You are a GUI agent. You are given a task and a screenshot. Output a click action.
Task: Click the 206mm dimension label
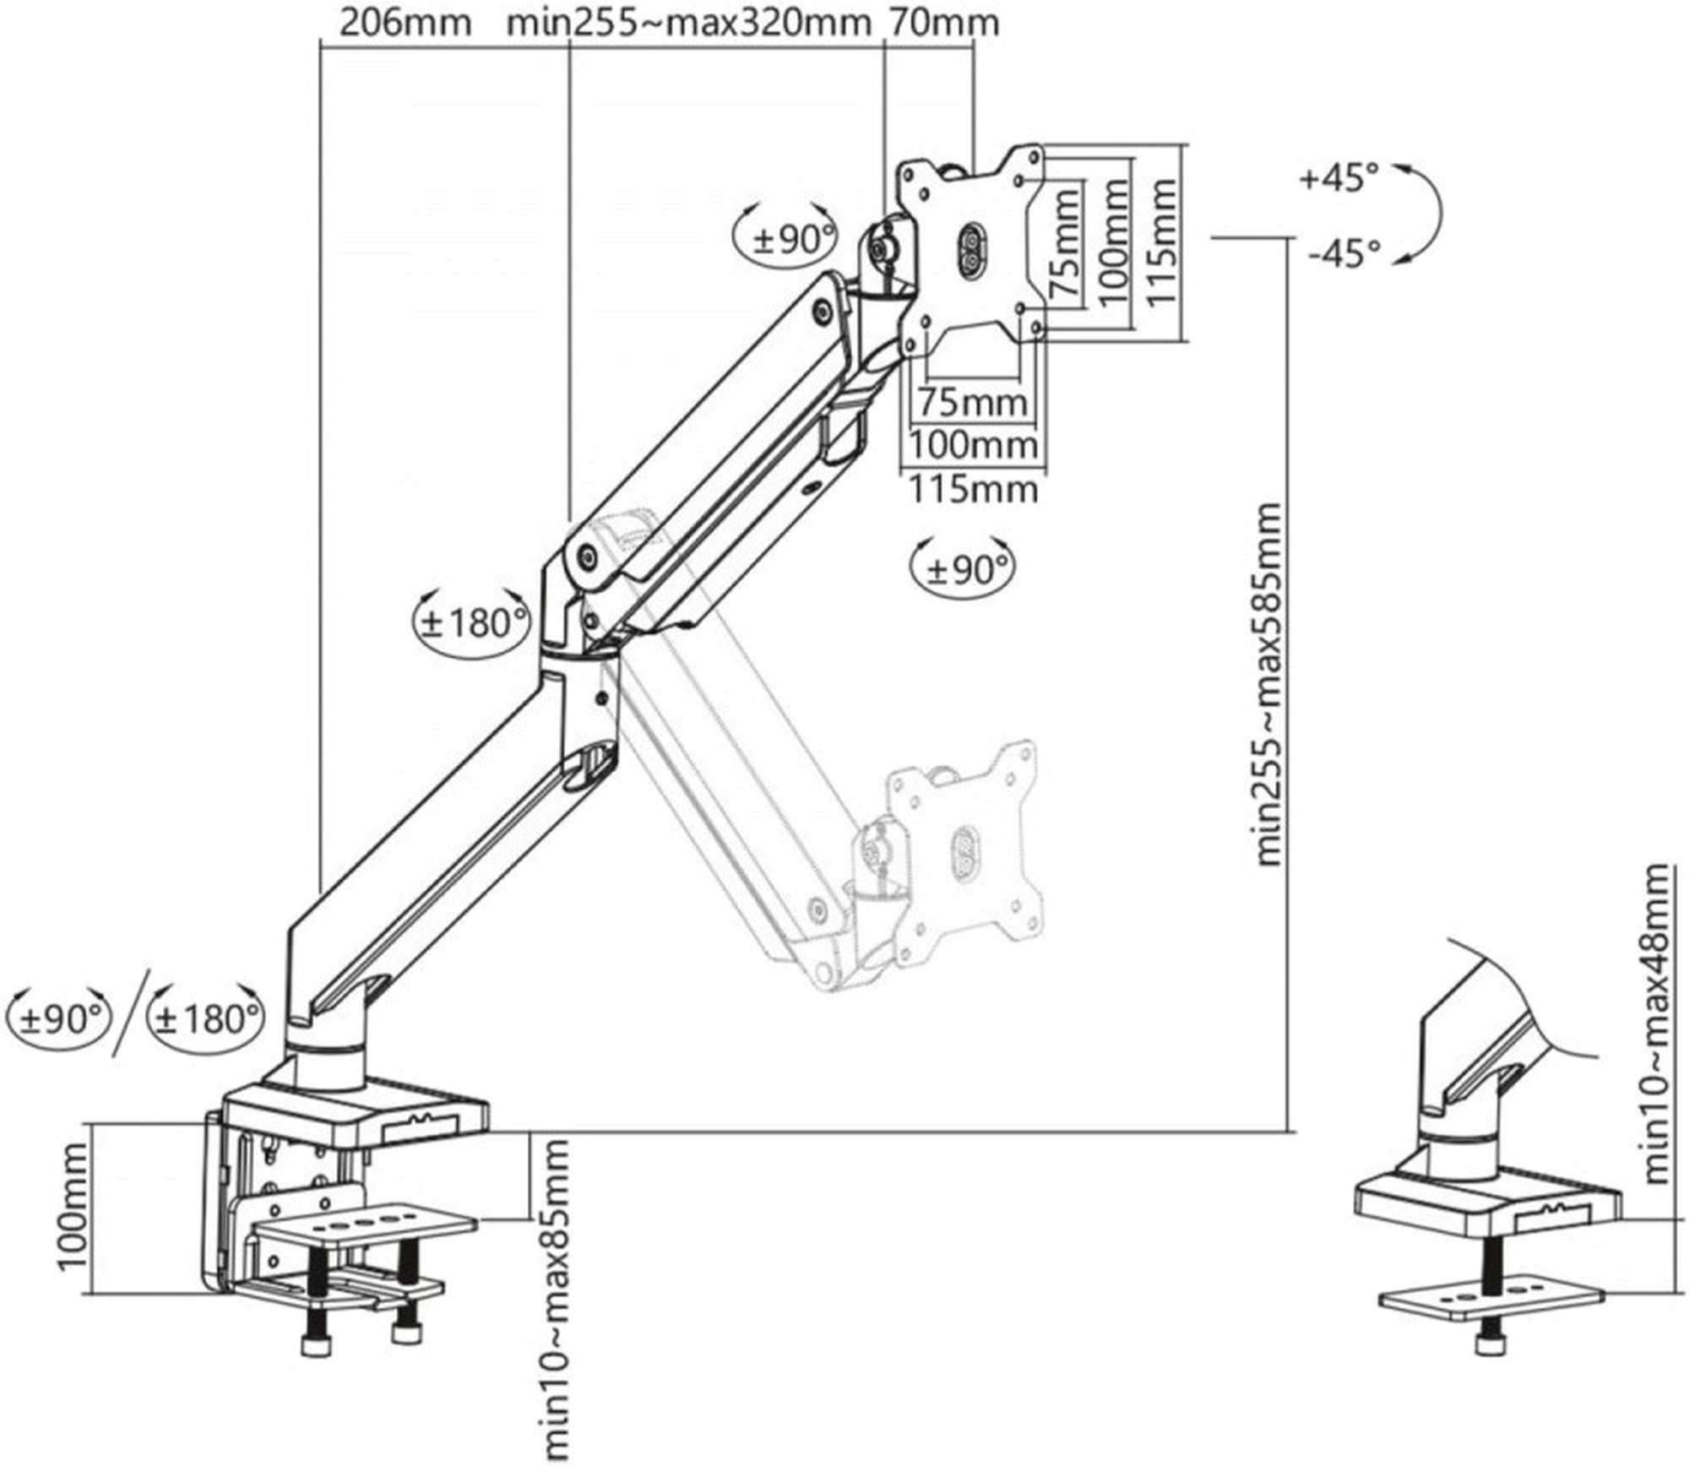405,23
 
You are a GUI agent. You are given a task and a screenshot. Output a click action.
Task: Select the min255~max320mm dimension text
687,23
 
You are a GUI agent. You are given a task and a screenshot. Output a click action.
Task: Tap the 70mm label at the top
942,23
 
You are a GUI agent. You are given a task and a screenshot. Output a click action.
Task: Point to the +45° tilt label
1339,178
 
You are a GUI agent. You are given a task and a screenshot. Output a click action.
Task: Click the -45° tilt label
1344,252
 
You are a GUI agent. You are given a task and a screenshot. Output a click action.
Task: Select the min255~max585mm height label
1268,685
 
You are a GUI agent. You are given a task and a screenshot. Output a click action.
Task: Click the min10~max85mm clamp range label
553,1300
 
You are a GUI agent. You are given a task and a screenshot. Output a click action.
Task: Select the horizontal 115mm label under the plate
973,489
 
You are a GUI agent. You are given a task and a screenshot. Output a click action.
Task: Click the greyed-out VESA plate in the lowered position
963,844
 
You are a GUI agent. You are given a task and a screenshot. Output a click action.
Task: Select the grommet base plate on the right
1491,1300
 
